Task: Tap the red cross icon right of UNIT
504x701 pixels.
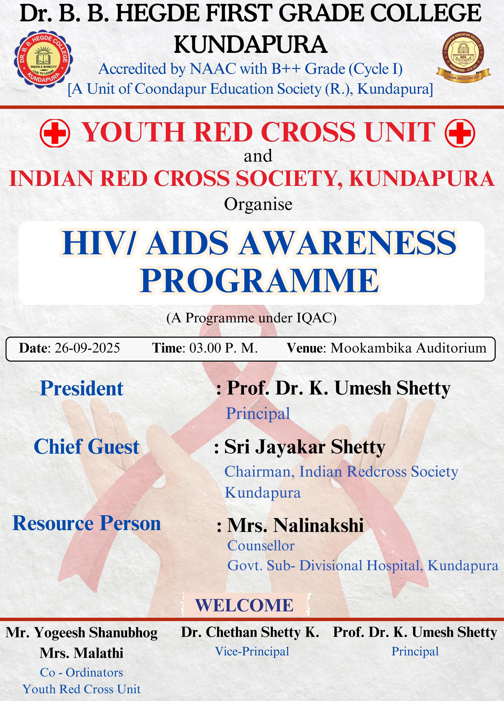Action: pyautogui.click(x=460, y=133)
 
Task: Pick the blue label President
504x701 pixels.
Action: pyautogui.click(x=82, y=389)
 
